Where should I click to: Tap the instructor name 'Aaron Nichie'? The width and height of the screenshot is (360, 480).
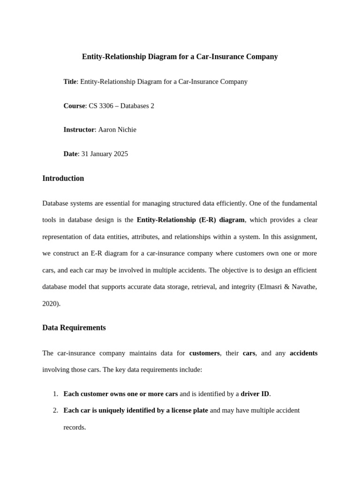[x=117, y=130]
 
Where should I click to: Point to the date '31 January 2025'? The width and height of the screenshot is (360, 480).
[x=105, y=154]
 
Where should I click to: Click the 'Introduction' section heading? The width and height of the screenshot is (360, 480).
[x=63, y=179]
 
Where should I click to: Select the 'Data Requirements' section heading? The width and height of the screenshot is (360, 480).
[x=74, y=328]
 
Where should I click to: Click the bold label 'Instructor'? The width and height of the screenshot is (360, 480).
[x=79, y=130]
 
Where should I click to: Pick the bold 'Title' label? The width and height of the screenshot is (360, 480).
[x=70, y=82]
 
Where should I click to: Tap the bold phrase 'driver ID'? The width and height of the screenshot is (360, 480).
[x=255, y=394]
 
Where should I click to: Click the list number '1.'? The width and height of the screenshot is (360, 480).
[x=55, y=394]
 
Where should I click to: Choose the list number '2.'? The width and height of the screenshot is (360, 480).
[x=55, y=411]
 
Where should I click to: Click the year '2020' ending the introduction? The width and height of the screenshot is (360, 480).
[x=50, y=304]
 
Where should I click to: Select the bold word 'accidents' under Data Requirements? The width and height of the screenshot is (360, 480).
[x=303, y=353]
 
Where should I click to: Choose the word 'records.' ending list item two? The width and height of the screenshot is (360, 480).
[x=75, y=427]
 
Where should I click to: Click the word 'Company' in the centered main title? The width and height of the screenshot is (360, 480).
[x=262, y=57]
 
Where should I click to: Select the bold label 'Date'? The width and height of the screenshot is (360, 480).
[x=70, y=154]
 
